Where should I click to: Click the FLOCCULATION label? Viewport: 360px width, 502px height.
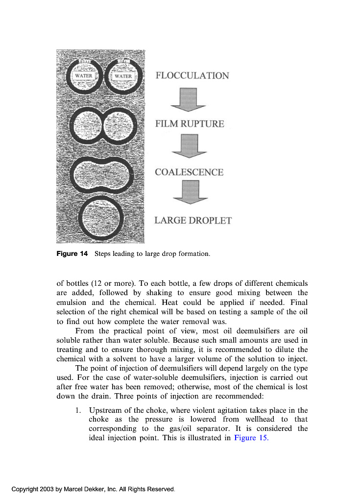tap(192, 75)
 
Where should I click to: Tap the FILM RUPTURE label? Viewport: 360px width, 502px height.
tap(190, 124)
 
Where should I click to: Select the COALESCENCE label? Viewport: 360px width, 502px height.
tap(189, 172)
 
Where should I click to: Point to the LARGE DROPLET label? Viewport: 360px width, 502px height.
tap(193, 221)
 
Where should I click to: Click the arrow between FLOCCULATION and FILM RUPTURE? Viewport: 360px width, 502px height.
tap(188, 100)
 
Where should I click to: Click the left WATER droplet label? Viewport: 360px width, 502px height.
tap(83, 76)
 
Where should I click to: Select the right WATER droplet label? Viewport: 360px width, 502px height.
tap(123, 76)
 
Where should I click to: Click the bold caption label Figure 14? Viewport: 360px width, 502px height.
tap(72, 254)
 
